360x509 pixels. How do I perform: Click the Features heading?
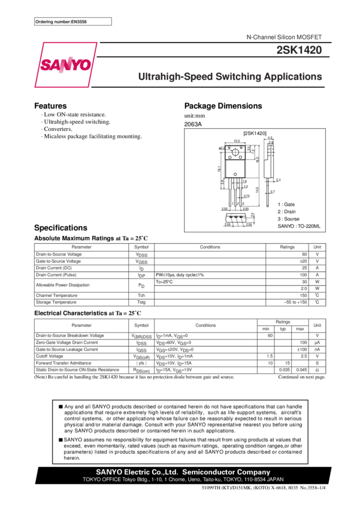click(x=50, y=106)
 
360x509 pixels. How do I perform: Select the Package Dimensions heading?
click(x=223, y=106)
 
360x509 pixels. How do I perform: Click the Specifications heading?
click(x=60, y=228)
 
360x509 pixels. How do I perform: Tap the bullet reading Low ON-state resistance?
click(x=74, y=114)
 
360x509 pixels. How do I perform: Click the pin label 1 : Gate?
click(x=286, y=204)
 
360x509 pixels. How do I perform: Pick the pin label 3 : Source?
click(x=289, y=219)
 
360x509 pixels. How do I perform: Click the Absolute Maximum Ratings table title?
click(x=90, y=238)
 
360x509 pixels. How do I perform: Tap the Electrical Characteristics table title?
click(x=90, y=313)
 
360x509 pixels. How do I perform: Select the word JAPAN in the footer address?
click(x=275, y=480)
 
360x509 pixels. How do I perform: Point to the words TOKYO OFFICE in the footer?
click(x=99, y=480)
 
